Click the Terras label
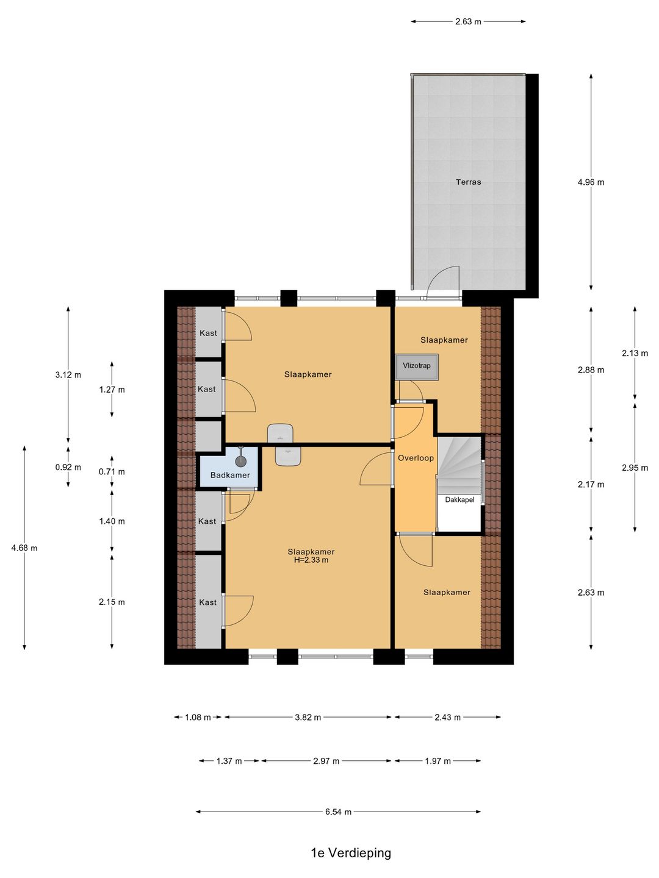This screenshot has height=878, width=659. pyautogui.click(x=468, y=182)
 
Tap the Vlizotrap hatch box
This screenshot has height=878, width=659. pyautogui.click(x=417, y=366)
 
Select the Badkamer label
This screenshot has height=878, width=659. pyautogui.click(x=230, y=475)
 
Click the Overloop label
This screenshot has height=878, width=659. pyautogui.click(x=416, y=458)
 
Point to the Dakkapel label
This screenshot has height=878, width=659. pyautogui.click(x=459, y=499)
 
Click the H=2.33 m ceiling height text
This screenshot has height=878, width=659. pyautogui.click(x=311, y=560)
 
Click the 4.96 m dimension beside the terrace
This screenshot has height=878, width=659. pyautogui.click(x=591, y=182)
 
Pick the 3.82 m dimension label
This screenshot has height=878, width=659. pyautogui.click(x=308, y=717)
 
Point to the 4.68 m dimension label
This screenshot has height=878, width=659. pyautogui.click(x=24, y=548)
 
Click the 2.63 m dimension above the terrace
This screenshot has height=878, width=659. pyautogui.click(x=468, y=21)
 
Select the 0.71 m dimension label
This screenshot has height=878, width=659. pyautogui.click(x=112, y=471)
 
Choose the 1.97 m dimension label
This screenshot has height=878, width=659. pyautogui.click(x=438, y=761)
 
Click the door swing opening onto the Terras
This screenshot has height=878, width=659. pyautogui.click(x=442, y=283)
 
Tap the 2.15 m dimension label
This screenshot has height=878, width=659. pyautogui.click(x=112, y=602)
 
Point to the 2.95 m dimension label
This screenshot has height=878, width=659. pyautogui.click(x=635, y=468)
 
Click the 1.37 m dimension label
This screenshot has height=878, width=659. pyautogui.click(x=229, y=761)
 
